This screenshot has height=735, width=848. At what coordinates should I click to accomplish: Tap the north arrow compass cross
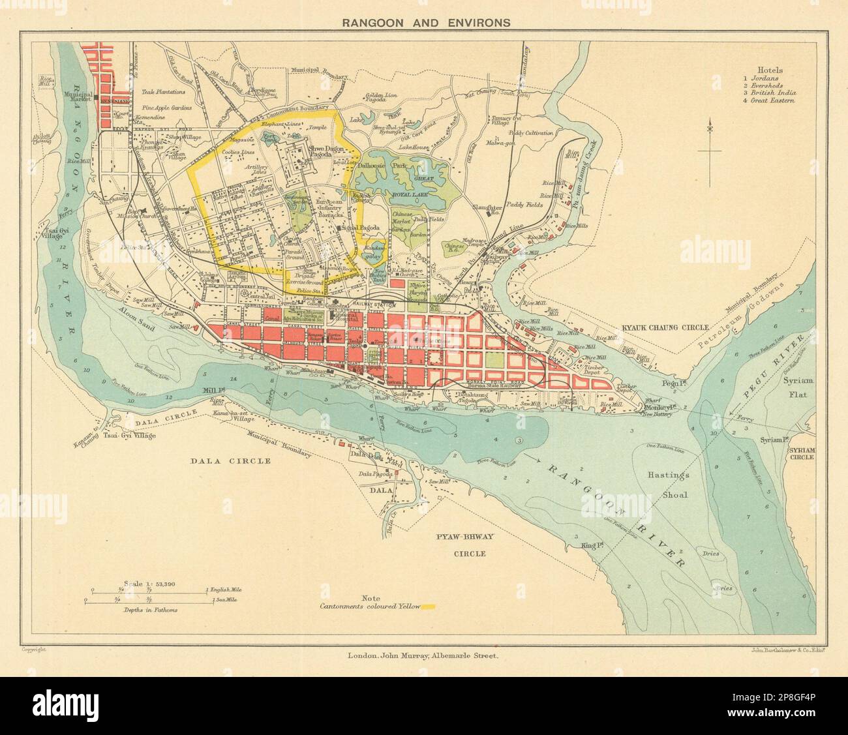pyautogui.click(x=710, y=151)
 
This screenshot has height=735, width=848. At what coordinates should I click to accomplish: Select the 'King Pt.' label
pyautogui.click(x=580, y=543)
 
